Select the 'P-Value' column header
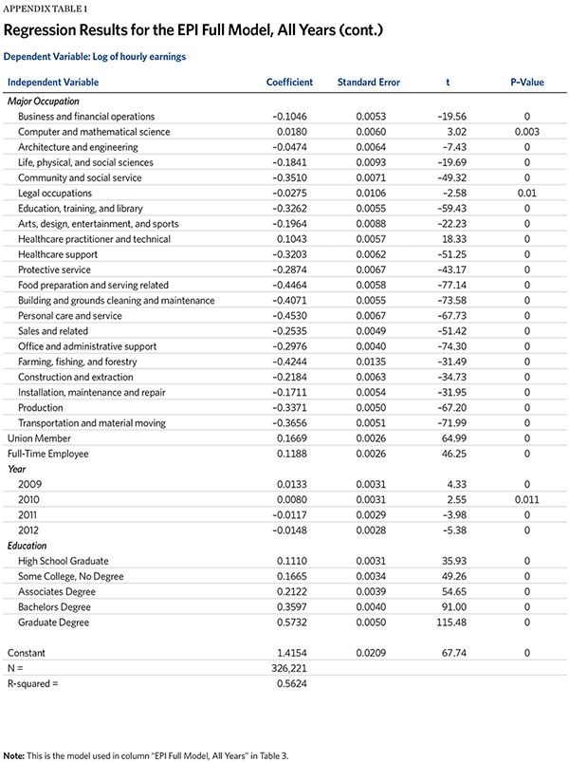coord(526,83)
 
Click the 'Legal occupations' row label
coord(54,193)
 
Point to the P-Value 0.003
coord(526,132)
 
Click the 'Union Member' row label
coord(39,438)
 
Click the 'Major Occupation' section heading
coord(44,101)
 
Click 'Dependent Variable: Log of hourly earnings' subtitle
coord(94,57)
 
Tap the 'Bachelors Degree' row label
coord(54,606)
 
